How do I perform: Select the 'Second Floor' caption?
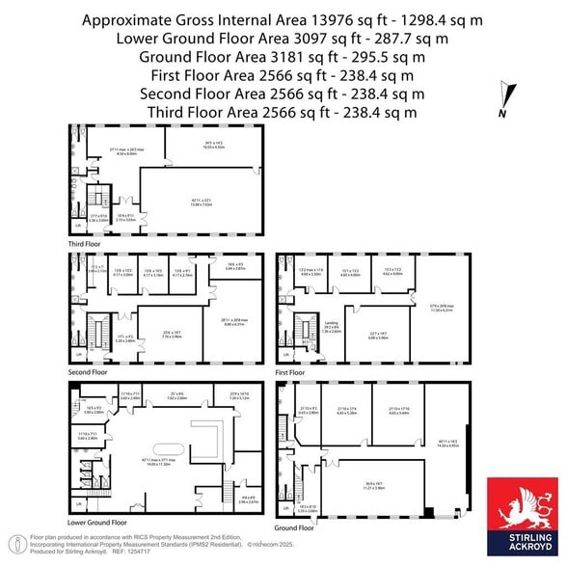point(86,370)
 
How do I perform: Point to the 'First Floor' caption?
point(289,370)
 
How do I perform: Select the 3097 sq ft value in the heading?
point(333,38)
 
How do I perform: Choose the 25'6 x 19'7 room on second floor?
point(173,334)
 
